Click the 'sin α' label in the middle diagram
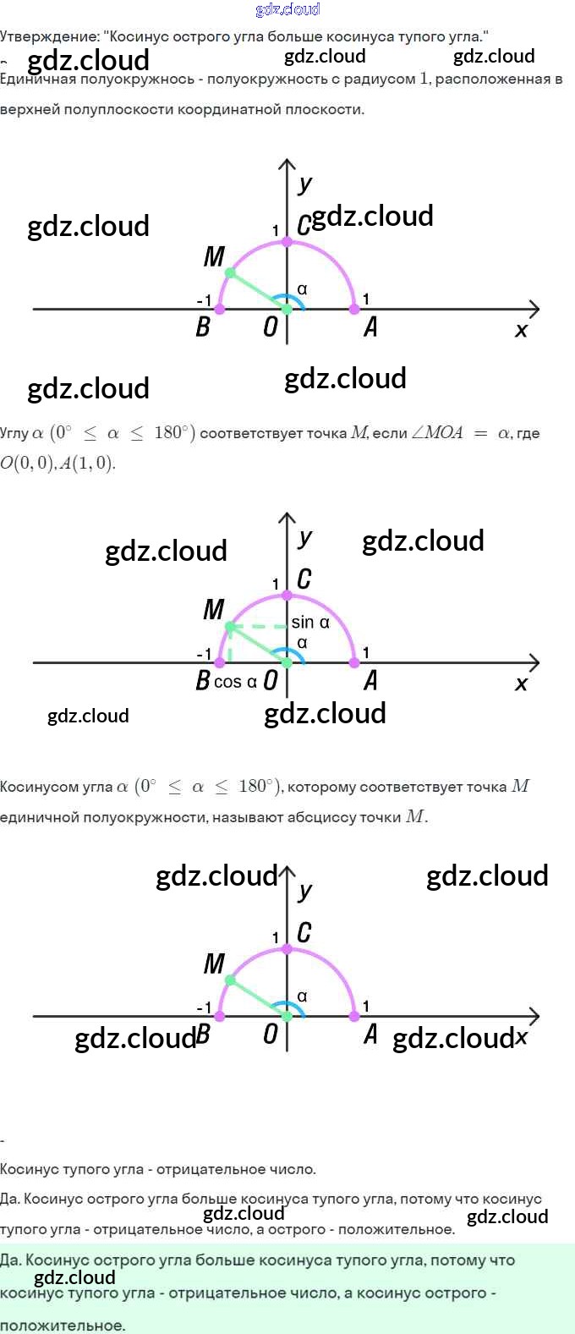[310, 623]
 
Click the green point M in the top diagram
[230, 272]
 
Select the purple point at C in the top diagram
[287, 242]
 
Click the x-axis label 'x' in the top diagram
[521, 330]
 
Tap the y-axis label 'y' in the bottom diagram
[305, 891]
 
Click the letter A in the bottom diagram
[370, 1034]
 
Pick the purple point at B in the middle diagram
[220, 662]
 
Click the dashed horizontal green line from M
[259, 627]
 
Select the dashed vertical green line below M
[230, 646]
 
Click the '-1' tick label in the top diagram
[204, 300]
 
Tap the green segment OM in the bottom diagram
[257, 997]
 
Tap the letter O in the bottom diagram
[271, 1034]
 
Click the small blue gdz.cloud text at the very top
[287, 9]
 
